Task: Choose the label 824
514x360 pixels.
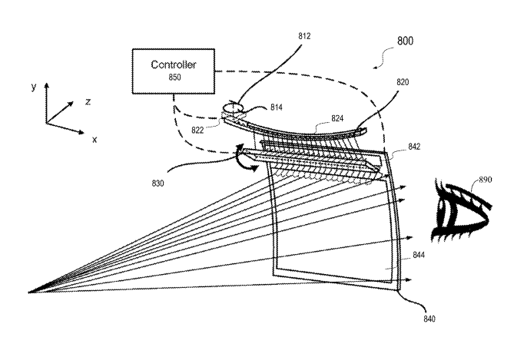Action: point(339,121)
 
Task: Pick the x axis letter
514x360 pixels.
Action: point(94,139)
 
